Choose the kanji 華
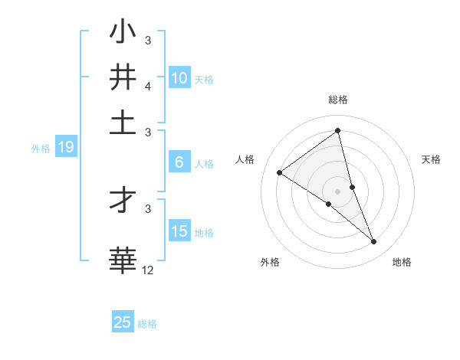(123, 259)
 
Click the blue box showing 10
(179, 78)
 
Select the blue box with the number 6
(179, 162)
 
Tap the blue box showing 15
(179, 231)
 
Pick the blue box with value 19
(66, 148)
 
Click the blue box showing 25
(123, 322)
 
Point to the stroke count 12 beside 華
(147, 270)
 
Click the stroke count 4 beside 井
(148, 87)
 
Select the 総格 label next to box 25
(147, 324)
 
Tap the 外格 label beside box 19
(40, 149)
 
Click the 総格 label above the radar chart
(337, 100)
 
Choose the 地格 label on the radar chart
(402, 262)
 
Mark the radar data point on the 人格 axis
(279, 173)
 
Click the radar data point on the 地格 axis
(374, 242)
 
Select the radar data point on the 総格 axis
(337, 131)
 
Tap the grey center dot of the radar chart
(337, 191)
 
